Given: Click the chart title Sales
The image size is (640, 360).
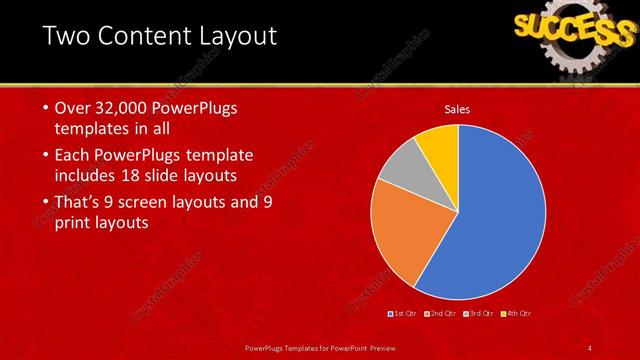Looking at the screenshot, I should [458, 109].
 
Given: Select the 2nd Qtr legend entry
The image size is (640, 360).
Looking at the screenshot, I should [444, 314].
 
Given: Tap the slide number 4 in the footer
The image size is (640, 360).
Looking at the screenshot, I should [591, 347].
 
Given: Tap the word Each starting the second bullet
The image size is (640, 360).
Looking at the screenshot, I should [71, 155].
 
